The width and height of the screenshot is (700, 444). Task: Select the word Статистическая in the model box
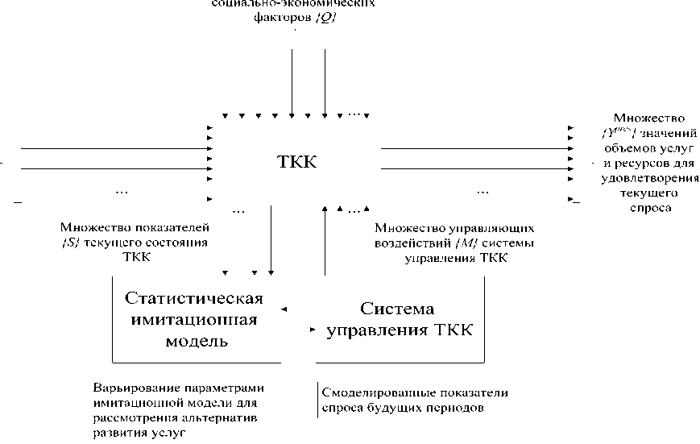point(194,298)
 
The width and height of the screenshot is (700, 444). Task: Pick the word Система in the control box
point(397,309)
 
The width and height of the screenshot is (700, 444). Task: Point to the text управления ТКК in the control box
point(398,330)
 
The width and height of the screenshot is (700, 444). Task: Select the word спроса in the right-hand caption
point(648,207)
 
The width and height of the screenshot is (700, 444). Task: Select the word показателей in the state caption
point(172,229)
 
